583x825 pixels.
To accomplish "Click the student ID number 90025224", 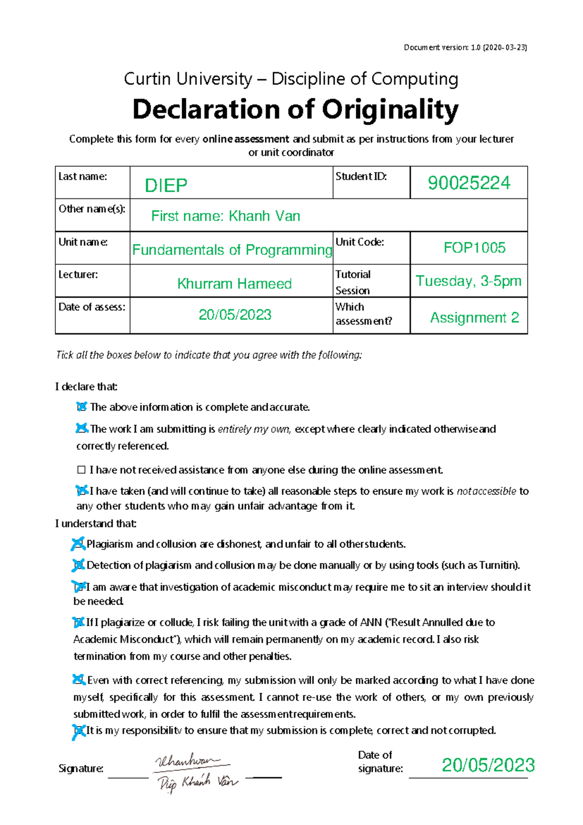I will click(x=468, y=183).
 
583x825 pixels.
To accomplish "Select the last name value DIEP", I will click(x=166, y=185).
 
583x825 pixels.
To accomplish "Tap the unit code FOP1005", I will click(x=474, y=248).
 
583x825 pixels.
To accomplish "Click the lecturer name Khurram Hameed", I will click(x=234, y=284).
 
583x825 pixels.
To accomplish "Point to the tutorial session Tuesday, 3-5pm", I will click(x=468, y=281).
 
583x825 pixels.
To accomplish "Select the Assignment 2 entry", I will click(x=474, y=318).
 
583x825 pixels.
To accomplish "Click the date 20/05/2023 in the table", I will click(x=235, y=315).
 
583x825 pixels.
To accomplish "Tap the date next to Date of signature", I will click(x=488, y=765).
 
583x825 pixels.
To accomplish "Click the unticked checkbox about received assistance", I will click(x=81, y=470).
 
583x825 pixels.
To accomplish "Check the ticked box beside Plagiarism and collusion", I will click(x=78, y=544).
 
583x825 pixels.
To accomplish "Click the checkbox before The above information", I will click(x=81, y=407).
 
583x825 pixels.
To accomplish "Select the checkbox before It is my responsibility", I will click(x=78, y=731).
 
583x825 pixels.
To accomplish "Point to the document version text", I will click(x=465, y=48).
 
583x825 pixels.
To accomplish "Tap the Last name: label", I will click(x=83, y=177).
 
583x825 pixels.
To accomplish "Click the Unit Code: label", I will click(x=359, y=242).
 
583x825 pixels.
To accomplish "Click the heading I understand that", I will click(x=96, y=524).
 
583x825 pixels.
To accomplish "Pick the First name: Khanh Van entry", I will click(x=225, y=216).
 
